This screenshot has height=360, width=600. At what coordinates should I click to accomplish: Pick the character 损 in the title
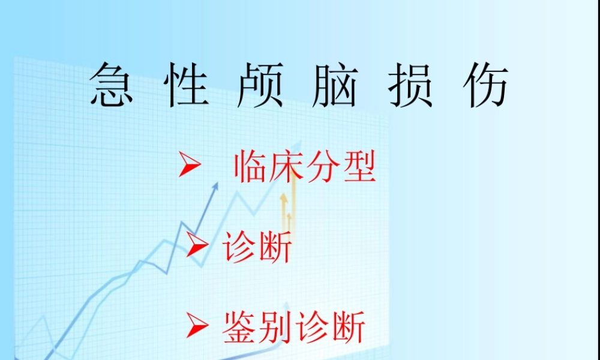click(410, 85)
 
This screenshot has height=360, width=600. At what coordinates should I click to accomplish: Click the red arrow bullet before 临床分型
click(189, 166)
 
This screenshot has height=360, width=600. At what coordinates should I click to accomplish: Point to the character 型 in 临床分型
click(359, 167)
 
